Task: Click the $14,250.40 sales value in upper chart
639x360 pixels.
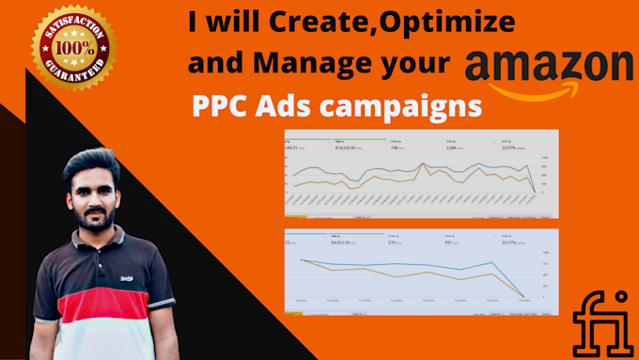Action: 348,149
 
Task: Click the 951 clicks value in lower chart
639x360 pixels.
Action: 451,243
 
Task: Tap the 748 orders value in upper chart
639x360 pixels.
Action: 399,149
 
